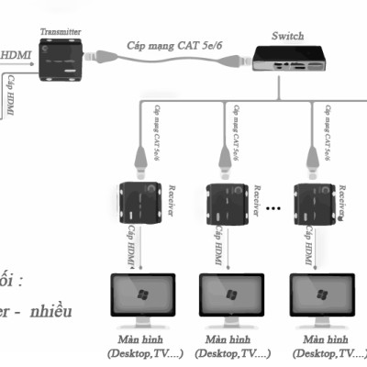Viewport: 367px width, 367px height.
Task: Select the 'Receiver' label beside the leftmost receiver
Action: (x=171, y=202)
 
